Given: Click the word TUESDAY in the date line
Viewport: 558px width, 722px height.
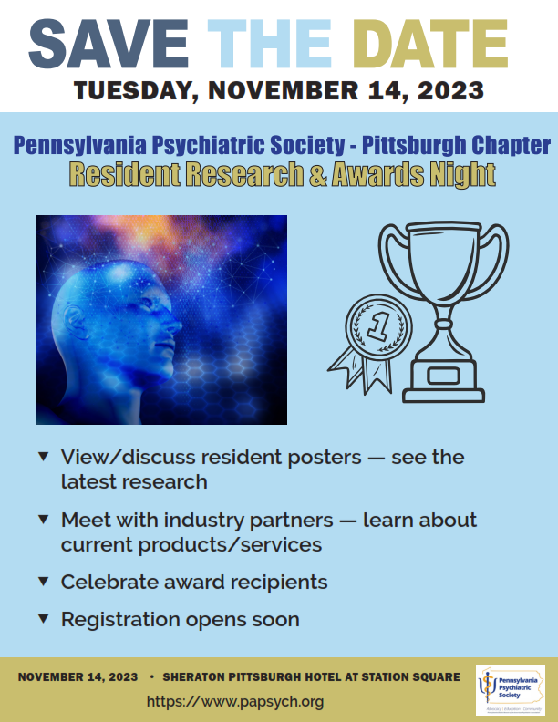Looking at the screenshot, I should point(138,91).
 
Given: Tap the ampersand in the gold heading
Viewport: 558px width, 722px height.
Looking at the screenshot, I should point(316,173).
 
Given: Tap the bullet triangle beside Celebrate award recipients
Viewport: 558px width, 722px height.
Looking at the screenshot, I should point(43,581).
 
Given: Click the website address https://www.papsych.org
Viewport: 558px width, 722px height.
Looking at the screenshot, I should point(234,702).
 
